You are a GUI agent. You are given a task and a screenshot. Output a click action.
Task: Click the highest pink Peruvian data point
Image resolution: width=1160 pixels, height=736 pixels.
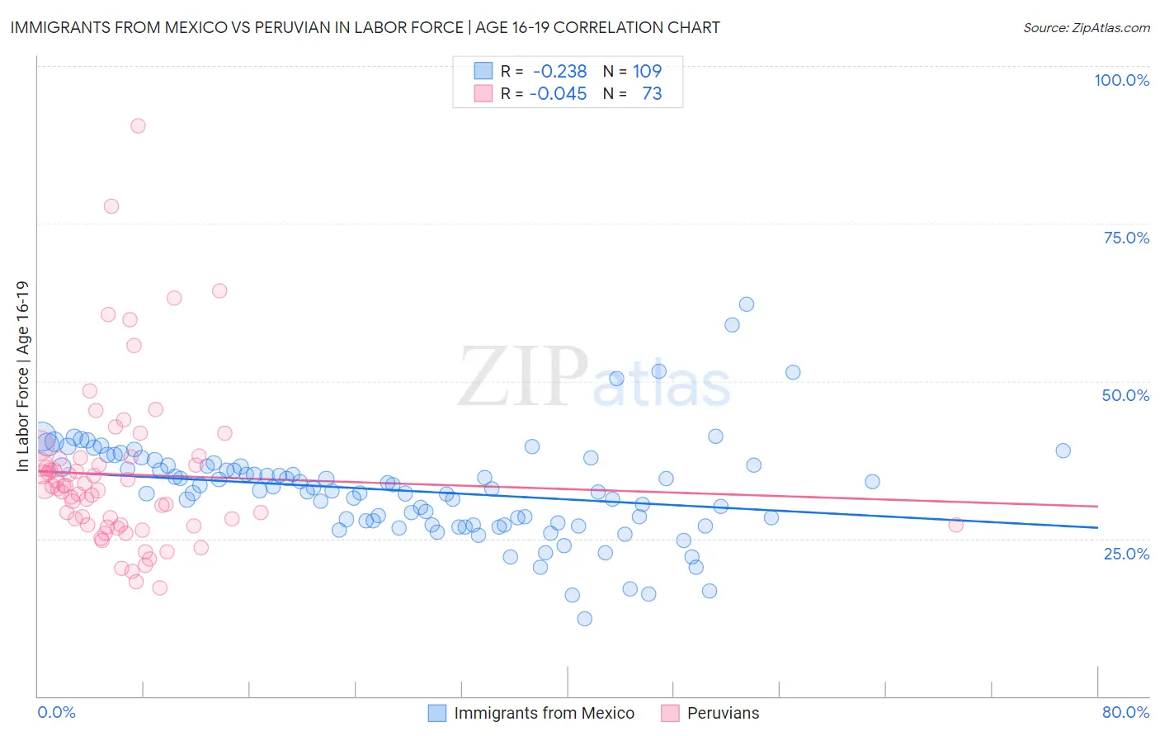[x=138, y=126]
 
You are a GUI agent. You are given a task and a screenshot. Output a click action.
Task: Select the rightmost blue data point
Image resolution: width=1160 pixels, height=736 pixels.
[x=1063, y=451]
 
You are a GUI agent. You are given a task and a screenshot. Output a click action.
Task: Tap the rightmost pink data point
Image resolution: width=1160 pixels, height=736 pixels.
[x=955, y=525]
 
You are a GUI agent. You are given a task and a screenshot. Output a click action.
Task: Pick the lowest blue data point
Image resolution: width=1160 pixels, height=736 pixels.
[x=584, y=619]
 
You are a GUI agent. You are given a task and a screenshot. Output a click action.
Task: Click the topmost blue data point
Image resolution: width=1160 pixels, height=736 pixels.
[x=746, y=304]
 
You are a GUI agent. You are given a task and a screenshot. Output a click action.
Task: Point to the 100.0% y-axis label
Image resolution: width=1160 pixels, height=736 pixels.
[x=1121, y=80]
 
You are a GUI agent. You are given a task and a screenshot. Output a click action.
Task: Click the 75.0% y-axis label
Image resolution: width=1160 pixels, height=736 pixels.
[x=1126, y=238]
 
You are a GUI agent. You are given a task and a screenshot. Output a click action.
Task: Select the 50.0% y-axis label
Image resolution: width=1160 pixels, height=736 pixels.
[x=1125, y=395]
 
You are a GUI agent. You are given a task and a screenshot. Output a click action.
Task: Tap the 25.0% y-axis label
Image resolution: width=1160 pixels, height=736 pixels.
[x=1126, y=554]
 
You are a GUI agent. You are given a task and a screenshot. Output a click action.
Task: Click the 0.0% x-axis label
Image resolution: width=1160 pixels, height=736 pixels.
[x=56, y=712]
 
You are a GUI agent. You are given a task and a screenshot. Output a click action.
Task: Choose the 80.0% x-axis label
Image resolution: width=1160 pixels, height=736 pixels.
[x=1125, y=712]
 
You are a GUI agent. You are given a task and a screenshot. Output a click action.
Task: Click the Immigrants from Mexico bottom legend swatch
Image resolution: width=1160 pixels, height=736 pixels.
[x=437, y=713]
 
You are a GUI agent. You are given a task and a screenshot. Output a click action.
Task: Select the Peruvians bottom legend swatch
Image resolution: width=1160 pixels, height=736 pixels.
[x=670, y=713]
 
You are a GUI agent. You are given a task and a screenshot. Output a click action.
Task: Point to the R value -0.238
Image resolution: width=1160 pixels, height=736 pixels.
[x=558, y=72]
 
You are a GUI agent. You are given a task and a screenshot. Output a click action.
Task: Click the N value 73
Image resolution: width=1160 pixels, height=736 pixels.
[x=652, y=94]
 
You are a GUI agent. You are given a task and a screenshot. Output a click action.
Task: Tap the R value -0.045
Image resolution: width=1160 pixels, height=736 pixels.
[x=558, y=94]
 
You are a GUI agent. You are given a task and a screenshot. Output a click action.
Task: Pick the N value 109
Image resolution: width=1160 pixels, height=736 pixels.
[x=647, y=72]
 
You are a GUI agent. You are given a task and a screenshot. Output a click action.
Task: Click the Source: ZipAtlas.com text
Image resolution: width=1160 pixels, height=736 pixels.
[x=1086, y=28]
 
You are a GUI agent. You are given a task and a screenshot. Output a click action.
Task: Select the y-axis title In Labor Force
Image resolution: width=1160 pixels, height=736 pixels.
[x=23, y=376]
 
